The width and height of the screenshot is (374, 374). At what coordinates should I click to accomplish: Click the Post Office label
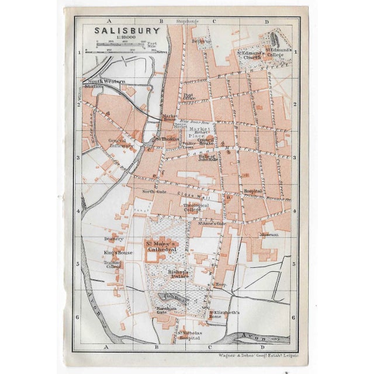coord(189,97)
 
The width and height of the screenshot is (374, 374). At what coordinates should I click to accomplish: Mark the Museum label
coord(269,234)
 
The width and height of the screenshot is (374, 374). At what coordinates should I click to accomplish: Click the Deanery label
coord(114,238)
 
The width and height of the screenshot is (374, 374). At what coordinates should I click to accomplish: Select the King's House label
coord(119,252)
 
